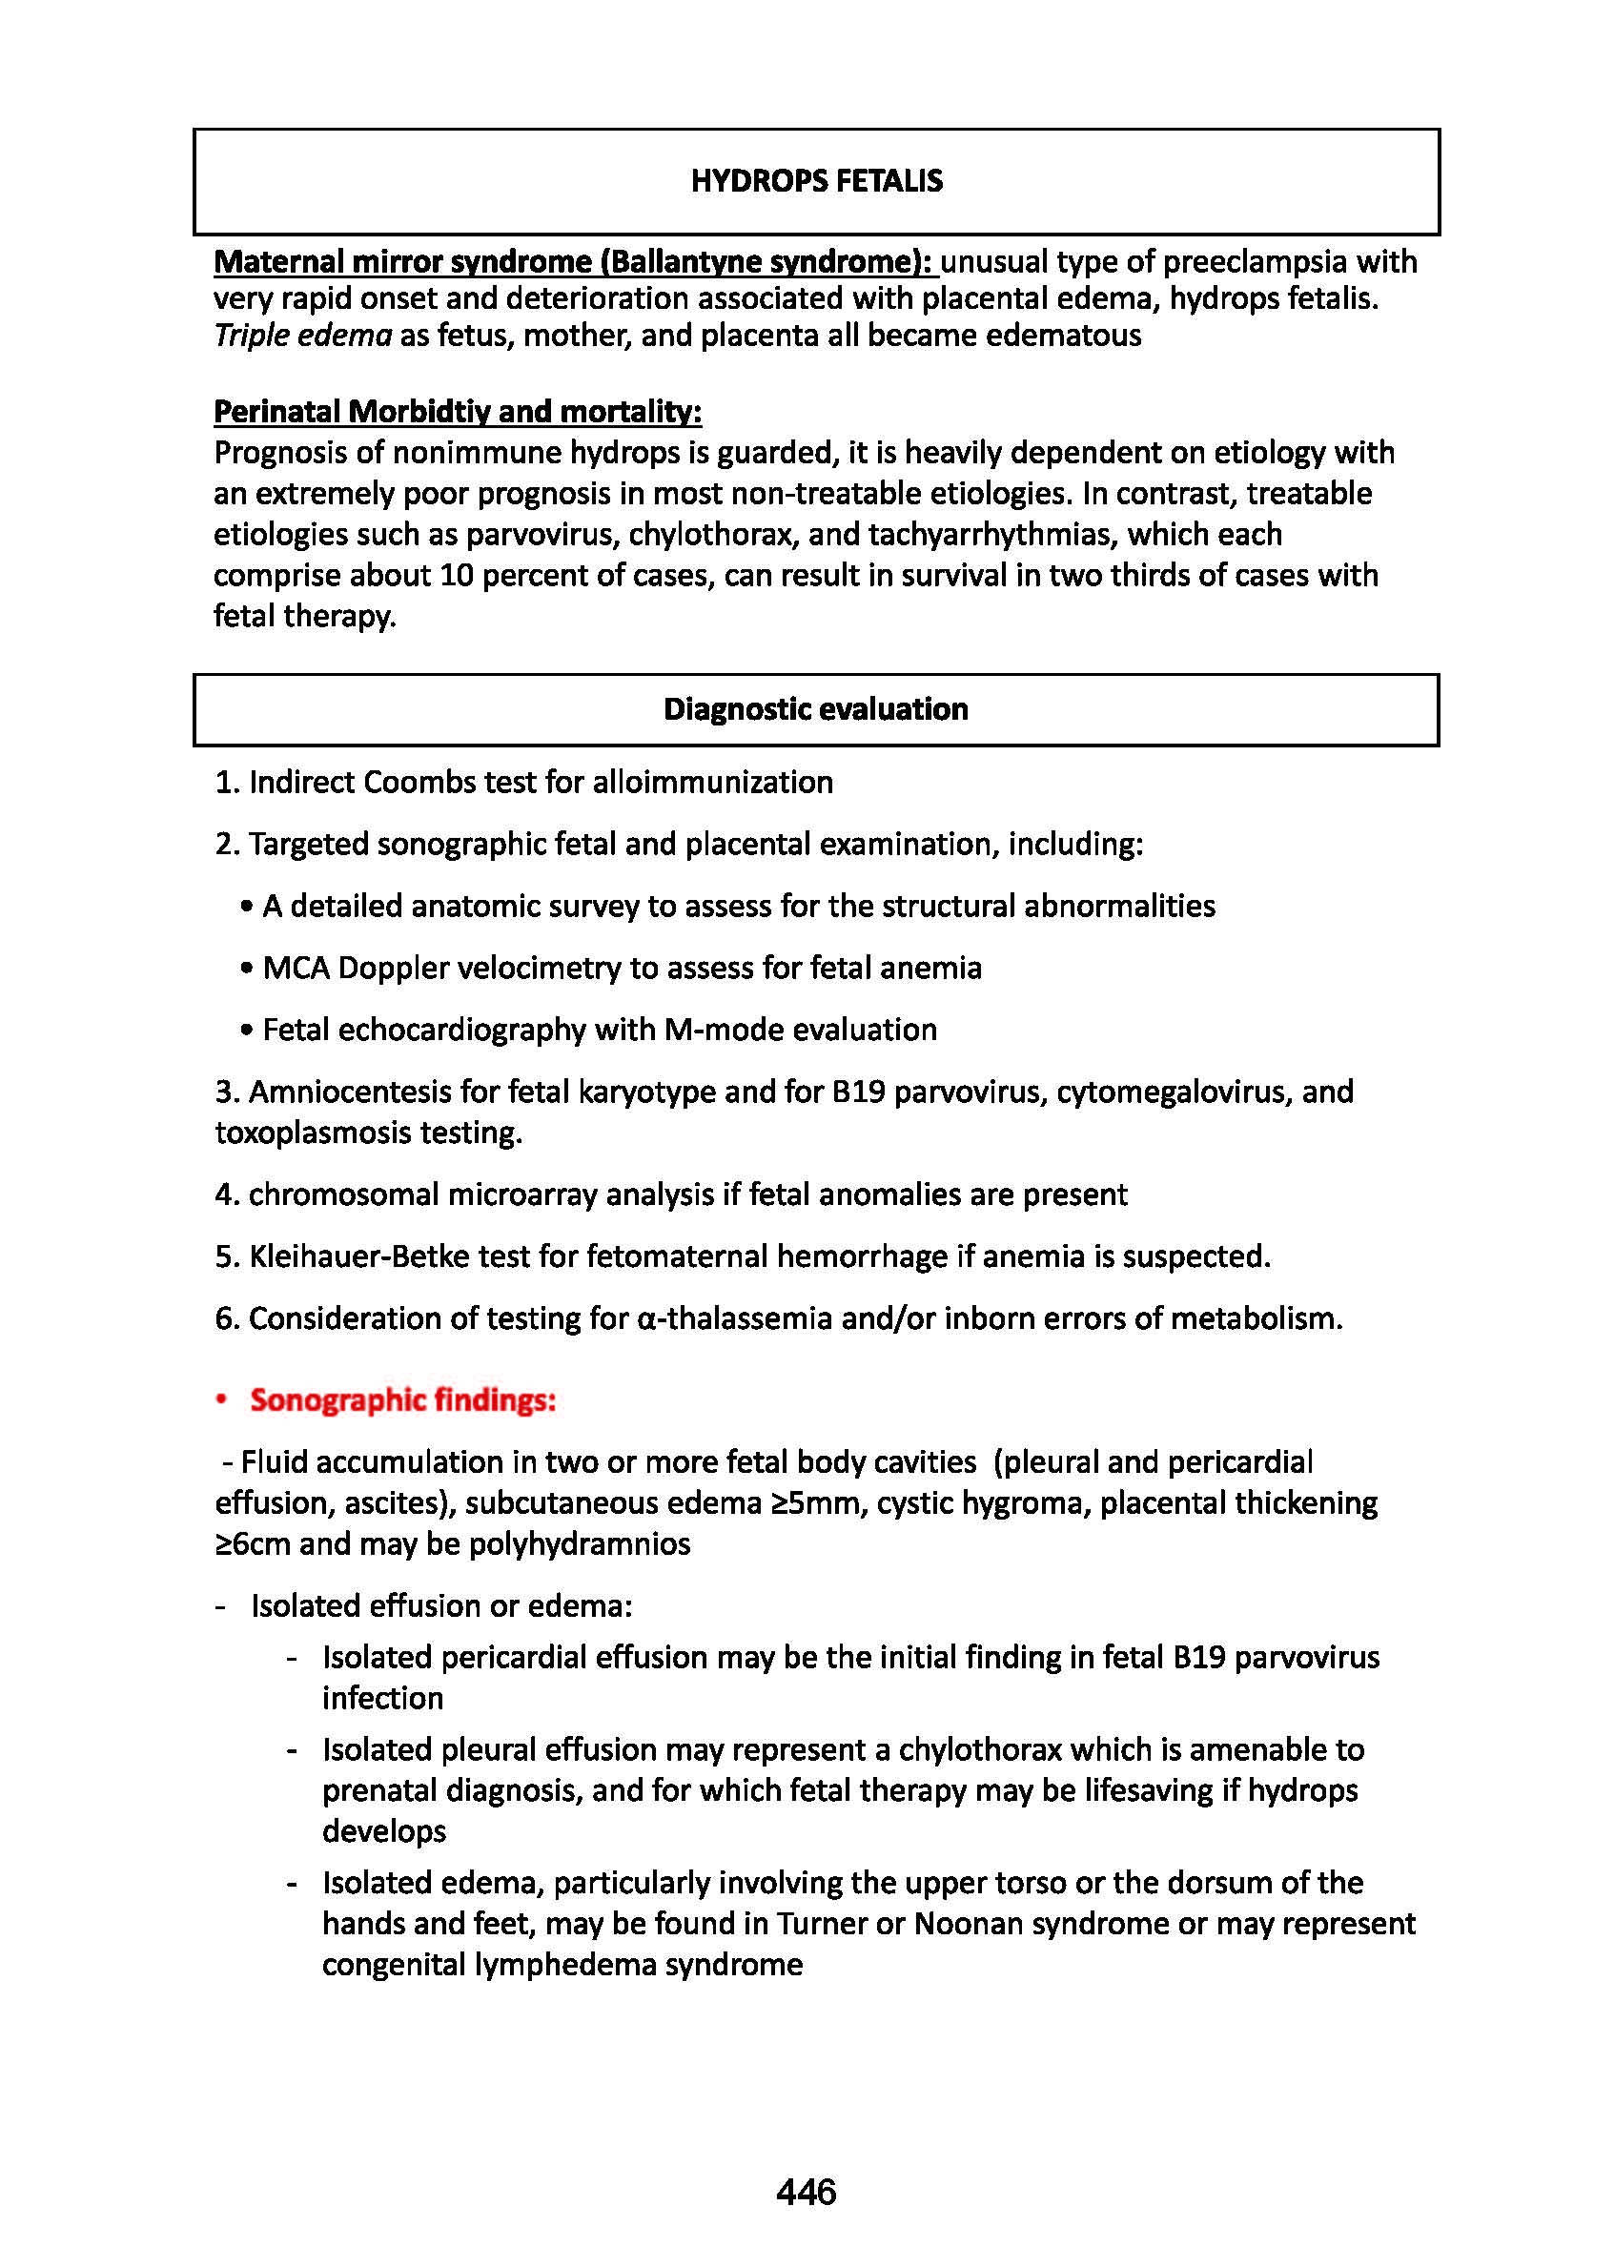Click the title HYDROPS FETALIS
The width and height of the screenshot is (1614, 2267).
pyautogui.click(x=816, y=181)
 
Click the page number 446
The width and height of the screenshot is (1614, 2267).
pyautogui.click(x=806, y=2191)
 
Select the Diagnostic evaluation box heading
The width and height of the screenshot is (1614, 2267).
pyautogui.click(x=815, y=708)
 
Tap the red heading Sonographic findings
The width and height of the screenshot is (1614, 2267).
pyautogui.click(x=402, y=1399)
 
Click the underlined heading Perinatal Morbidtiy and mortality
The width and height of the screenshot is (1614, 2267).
pyautogui.click(x=458, y=412)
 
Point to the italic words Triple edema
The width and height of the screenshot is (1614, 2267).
pyautogui.click(x=302, y=335)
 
